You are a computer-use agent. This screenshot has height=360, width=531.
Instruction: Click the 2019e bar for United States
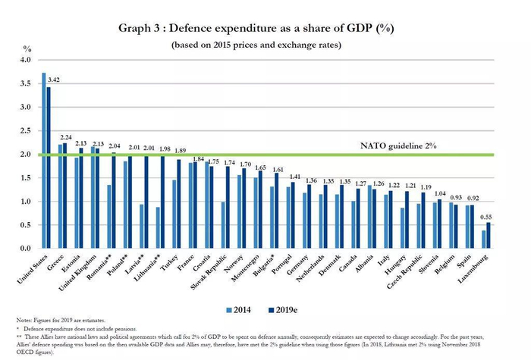49,167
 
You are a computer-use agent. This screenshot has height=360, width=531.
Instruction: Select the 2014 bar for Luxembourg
483,239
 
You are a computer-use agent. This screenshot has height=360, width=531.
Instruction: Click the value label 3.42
55,79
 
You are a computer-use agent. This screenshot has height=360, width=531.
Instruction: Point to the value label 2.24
67,137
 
